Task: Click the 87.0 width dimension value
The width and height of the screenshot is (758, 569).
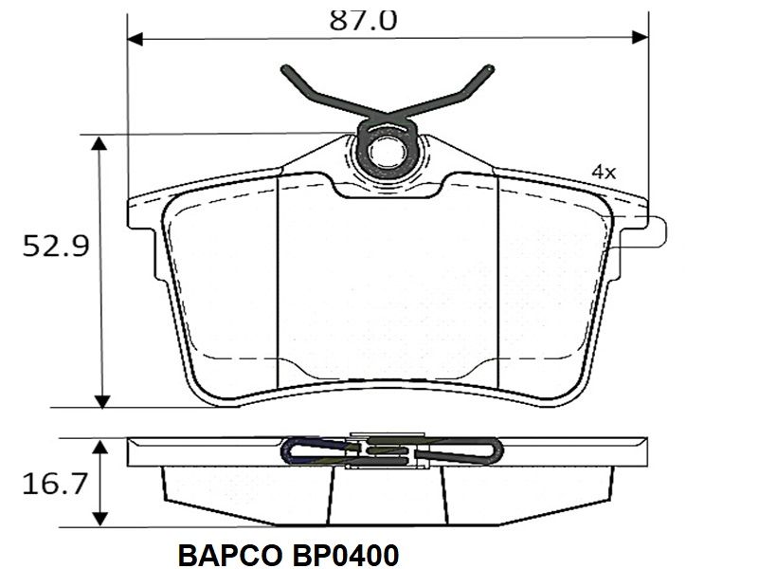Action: tap(363, 20)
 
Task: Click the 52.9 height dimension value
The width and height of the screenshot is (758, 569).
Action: tap(56, 246)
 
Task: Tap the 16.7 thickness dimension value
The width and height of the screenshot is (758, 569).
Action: tap(55, 484)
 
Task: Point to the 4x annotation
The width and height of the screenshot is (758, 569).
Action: tap(604, 172)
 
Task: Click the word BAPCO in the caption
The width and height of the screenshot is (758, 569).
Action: tap(229, 556)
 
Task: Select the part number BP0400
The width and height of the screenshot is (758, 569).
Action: tap(345, 556)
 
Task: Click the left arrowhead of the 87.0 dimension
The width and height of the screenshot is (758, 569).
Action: tap(135, 39)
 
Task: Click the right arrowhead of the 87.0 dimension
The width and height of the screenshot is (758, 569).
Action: tap(641, 37)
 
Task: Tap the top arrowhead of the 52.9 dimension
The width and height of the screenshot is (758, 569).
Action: tap(99, 144)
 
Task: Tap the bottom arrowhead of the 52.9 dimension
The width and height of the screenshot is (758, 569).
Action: tap(102, 400)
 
